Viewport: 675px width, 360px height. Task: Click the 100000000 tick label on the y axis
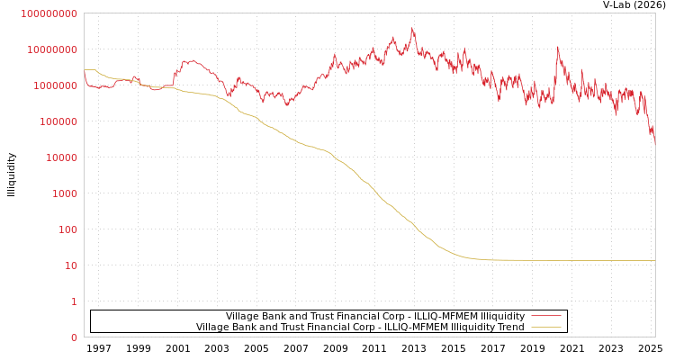coord(49,13)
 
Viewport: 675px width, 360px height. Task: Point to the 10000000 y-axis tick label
coord(53,49)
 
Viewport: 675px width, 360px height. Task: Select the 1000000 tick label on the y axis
coord(56,85)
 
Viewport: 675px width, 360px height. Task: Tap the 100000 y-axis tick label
coord(59,121)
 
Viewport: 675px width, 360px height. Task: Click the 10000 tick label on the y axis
coord(62,157)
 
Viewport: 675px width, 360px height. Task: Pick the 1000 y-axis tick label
coord(65,193)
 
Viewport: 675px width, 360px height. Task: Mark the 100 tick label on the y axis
coord(68,229)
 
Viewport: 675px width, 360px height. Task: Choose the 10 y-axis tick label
coord(71,265)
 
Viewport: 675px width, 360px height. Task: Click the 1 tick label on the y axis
coord(74,301)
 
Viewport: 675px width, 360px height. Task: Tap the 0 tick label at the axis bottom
coord(74,337)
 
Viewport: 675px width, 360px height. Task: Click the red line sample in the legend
coord(545,316)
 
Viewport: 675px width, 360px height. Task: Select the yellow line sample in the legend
coord(545,327)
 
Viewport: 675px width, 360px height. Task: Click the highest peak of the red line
coord(413,28)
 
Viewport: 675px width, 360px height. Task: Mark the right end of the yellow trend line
coord(654,260)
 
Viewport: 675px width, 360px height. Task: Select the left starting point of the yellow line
coord(85,70)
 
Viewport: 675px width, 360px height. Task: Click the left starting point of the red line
coord(85,72)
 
